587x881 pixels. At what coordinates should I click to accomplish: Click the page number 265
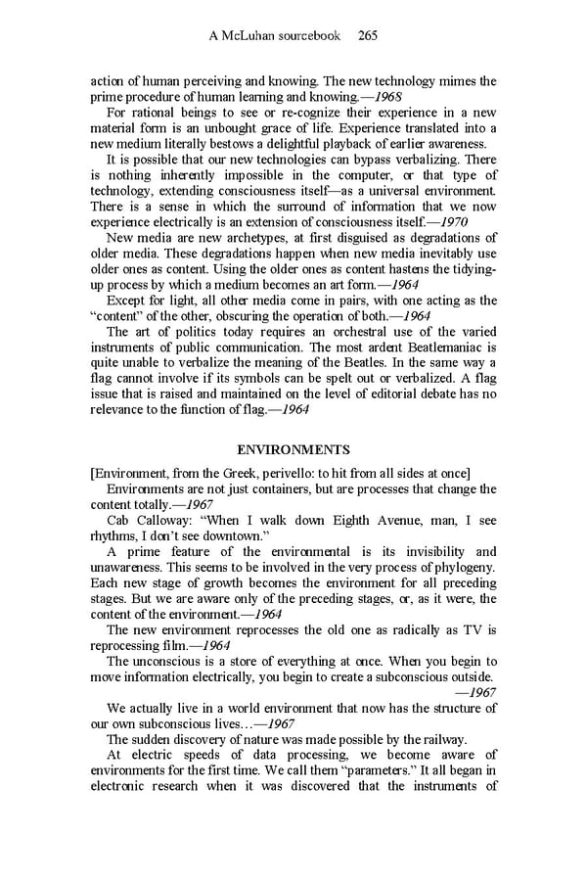[368, 36]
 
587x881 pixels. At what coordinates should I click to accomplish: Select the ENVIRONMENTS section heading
[293, 450]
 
